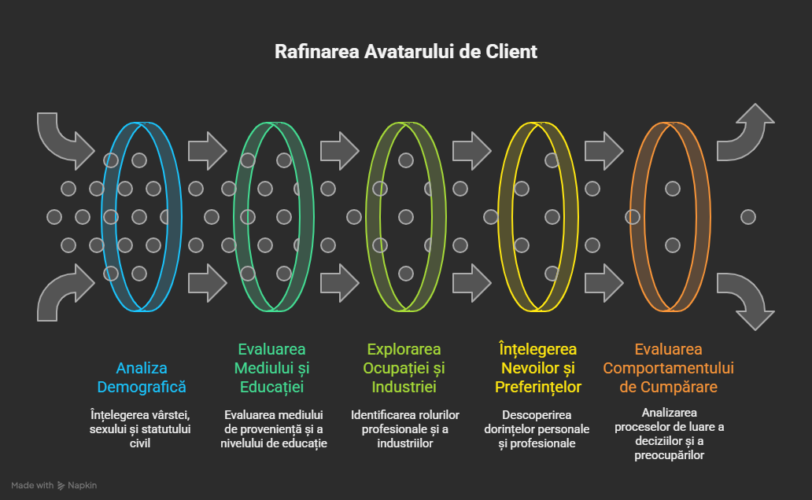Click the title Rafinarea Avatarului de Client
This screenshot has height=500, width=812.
(x=405, y=52)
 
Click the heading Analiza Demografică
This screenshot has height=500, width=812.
(x=142, y=377)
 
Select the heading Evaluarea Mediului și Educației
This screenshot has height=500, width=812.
(x=273, y=368)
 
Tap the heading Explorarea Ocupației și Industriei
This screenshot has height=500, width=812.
(x=404, y=368)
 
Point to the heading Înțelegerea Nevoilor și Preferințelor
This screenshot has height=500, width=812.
(x=538, y=368)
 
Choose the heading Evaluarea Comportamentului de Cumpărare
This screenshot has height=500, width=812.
(x=668, y=368)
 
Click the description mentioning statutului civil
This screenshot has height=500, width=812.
(x=142, y=428)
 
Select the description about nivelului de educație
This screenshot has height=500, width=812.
(x=273, y=428)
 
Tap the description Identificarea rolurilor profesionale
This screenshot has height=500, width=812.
(x=404, y=428)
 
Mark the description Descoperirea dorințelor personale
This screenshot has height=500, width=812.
(x=538, y=428)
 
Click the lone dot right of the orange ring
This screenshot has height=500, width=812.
(x=748, y=216)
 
